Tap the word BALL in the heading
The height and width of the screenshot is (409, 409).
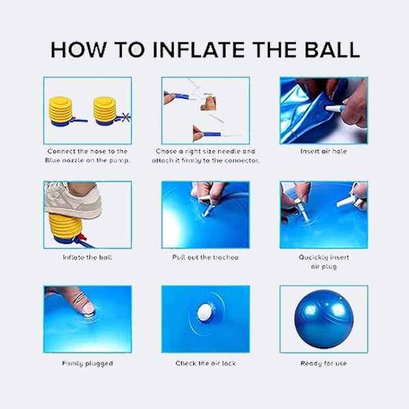coord(332,50)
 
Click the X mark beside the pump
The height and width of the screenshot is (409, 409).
coord(125,117)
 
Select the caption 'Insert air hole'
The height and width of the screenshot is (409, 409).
coord(324,151)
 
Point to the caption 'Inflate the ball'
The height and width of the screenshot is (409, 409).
coord(87,258)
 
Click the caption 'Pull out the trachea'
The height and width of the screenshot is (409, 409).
coord(205,258)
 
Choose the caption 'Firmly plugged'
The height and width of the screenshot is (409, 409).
coord(87,363)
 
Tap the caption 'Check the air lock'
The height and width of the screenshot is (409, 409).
coord(206,363)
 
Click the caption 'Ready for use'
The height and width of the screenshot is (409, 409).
coord(324,363)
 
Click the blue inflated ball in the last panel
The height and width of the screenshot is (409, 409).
coord(324,319)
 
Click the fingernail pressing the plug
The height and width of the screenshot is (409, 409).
coord(88,308)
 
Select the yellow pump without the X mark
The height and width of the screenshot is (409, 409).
coord(61,111)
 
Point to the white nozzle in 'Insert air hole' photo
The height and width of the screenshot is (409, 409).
coord(335,108)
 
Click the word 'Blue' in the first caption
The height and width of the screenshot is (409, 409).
coord(51,160)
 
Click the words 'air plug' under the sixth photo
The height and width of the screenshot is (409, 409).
coord(324,267)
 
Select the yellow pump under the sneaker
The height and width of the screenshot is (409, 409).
coord(65,226)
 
